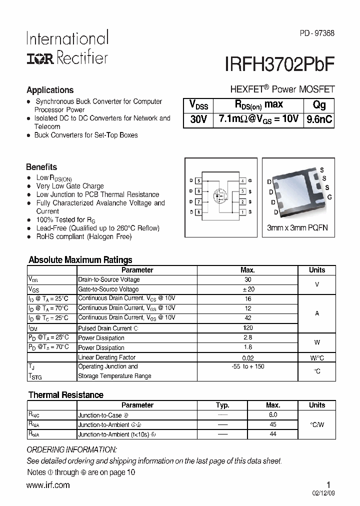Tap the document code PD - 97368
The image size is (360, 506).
pos(317,33)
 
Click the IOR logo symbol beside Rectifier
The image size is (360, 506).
pos(40,58)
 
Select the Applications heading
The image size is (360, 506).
pos(50,90)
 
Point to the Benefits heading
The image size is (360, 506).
pos(41,167)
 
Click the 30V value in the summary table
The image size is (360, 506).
pos(198,119)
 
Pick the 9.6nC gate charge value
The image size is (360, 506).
pos(319,119)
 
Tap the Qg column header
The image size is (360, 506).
pos(319,104)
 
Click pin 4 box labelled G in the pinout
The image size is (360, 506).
pos(242,180)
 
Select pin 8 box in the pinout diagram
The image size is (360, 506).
pos(198,212)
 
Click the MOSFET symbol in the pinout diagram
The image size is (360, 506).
pos(220,194)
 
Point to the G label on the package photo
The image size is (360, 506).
pos(329,197)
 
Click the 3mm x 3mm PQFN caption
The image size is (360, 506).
pos(297,228)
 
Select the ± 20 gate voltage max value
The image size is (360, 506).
pos(248,289)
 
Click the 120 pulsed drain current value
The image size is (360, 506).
pos(248,328)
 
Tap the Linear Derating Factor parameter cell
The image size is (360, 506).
pos(106,357)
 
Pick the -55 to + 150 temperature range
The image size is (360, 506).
pos(248,366)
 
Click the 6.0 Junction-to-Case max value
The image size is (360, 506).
pos(272,415)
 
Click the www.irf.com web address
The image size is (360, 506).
pos(48,485)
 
